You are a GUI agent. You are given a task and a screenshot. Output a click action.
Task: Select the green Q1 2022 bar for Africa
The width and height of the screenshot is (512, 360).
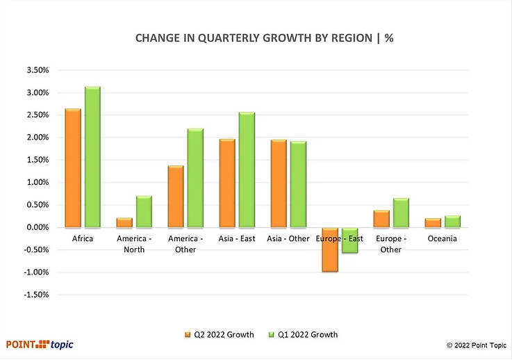pyautogui.click(x=93, y=157)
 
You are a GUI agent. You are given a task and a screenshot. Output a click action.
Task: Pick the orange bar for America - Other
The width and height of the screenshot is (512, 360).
pyautogui.click(x=175, y=197)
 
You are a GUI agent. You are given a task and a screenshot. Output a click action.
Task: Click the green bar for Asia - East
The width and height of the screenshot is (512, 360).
pyautogui.click(x=247, y=170)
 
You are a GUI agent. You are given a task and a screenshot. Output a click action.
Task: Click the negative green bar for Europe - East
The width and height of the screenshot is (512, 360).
pyautogui.click(x=349, y=240)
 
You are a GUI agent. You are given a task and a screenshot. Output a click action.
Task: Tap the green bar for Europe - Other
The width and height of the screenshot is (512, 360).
pyautogui.click(x=401, y=213)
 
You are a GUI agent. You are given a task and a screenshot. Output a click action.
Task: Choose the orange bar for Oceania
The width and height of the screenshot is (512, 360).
pyautogui.click(x=432, y=222)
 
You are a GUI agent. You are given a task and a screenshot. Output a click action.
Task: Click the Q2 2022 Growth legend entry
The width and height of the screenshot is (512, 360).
pyautogui.click(x=220, y=334)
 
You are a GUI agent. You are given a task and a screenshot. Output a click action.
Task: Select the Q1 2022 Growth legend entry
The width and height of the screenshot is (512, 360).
pyautogui.click(x=303, y=334)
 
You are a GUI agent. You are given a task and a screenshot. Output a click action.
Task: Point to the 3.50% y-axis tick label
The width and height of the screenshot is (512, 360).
pyautogui.click(x=36, y=70)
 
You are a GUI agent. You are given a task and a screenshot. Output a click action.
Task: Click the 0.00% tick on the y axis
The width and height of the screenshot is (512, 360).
pyautogui.click(x=36, y=227)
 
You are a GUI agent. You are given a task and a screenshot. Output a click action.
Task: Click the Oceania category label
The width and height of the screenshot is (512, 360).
pyautogui.click(x=442, y=239)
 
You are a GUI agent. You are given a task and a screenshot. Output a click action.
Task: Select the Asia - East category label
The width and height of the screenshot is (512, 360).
pyautogui.click(x=237, y=239)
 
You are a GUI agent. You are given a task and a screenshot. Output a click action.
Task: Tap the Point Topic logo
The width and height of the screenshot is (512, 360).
pyautogui.click(x=40, y=344)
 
